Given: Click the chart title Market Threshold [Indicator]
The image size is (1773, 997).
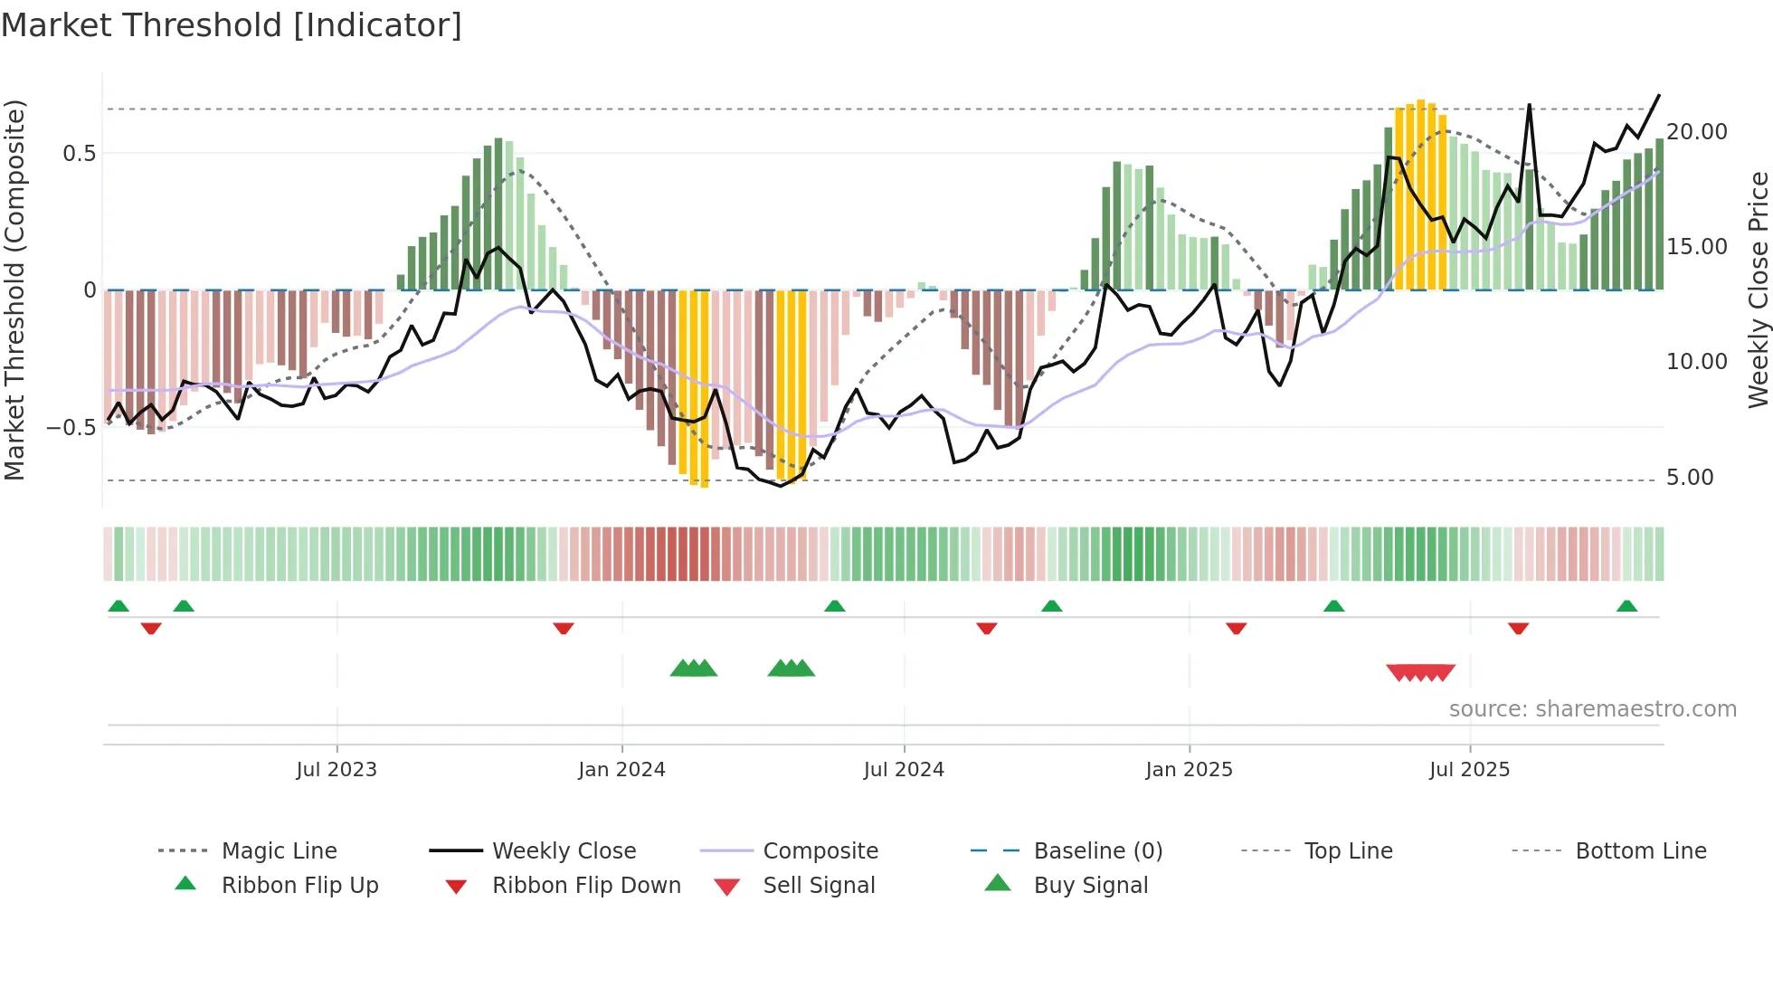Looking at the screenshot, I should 232,25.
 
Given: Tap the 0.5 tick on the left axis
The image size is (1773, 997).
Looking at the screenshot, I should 79,154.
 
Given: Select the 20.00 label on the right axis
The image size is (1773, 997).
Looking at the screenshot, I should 1697,132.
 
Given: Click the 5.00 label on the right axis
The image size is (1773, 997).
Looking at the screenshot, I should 1690,478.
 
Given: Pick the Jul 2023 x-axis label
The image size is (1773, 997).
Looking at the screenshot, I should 337,770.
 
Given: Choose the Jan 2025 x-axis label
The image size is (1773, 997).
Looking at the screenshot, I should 1189,770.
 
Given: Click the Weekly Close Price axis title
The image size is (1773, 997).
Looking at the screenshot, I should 1758,290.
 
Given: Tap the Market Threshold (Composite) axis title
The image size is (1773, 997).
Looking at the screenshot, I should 14,290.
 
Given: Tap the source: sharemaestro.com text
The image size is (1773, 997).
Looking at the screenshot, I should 1592,709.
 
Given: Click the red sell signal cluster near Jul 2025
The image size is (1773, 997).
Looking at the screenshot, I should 1420,672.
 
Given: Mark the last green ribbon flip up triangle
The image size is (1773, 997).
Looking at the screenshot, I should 1626,606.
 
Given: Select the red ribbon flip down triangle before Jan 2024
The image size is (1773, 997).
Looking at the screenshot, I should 564,628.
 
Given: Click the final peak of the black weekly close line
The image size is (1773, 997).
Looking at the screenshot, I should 1658,96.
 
